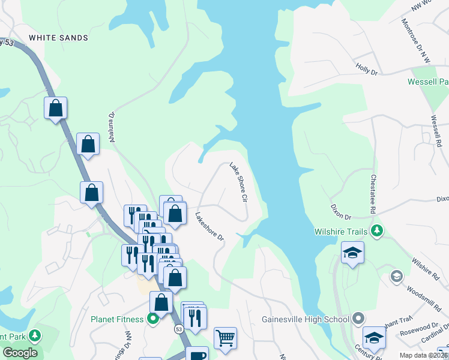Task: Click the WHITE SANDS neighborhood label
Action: click(x=59, y=38)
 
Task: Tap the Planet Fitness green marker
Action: click(x=154, y=319)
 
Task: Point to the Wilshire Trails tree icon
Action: click(x=377, y=230)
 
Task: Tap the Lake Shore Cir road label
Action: click(x=238, y=181)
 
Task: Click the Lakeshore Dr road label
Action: click(x=209, y=227)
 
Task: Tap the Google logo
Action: click(x=20, y=353)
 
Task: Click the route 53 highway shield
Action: click(x=179, y=329)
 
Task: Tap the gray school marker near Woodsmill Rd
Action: click(x=396, y=276)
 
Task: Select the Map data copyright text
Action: click(x=422, y=355)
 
